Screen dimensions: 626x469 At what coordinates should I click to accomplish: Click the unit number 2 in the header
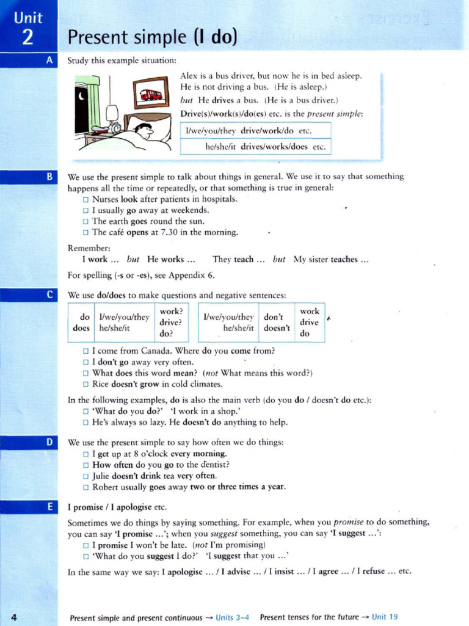pyautogui.click(x=27, y=37)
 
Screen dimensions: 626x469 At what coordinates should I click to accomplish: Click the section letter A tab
pyautogui.click(x=49, y=60)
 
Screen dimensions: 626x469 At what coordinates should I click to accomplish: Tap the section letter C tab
pyautogui.click(x=49, y=295)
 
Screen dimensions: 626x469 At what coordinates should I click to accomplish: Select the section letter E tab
pyautogui.click(x=49, y=506)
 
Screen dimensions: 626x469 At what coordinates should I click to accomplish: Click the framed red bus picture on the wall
pyautogui.click(x=151, y=94)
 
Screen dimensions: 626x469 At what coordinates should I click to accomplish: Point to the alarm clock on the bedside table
pyautogui.click(x=115, y=127)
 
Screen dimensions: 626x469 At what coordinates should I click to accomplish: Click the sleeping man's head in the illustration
pyautogui.click(x=144, y=130)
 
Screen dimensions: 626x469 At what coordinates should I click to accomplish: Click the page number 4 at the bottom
pyautogui.click(x=14, y=617)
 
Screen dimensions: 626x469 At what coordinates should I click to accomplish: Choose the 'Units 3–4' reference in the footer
pyautogui.click(x=233, y=617)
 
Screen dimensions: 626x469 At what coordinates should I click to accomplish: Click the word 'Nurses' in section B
pyautogui.click(x=105, y=199)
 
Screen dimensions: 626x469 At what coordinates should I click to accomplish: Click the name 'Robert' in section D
pyautogui.click(x=106, y=487)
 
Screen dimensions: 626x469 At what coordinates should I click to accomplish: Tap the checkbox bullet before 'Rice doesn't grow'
pyautogui.click(x=85, y=385)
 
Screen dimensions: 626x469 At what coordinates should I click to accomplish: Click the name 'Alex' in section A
pyautogui.click(x=189, y=76)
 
